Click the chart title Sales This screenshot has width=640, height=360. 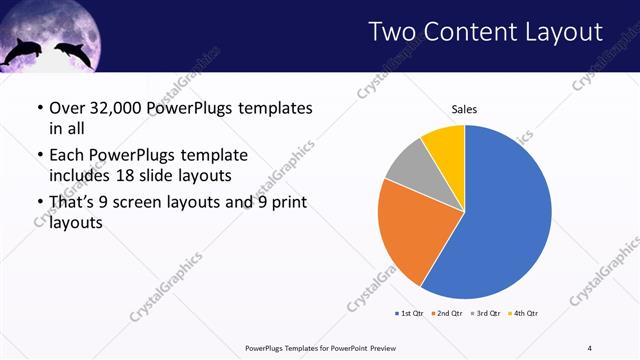pos(464,109)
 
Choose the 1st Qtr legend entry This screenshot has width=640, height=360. pos(410,314)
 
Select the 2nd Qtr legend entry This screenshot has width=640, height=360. pos(446,314)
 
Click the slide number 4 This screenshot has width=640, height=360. pos(589,348)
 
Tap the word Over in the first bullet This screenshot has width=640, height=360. pos(67,108)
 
